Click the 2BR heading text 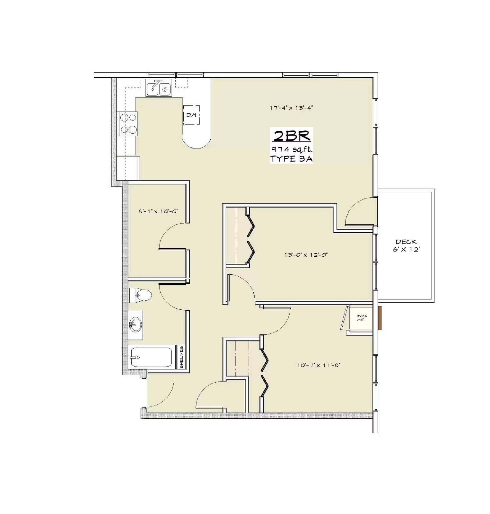click(x=292, y=136)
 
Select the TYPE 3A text click(x=292, y=159)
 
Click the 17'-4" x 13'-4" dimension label click(x=291, y=108)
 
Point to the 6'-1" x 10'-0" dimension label click(x=158, y=211)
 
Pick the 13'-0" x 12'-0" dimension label click(x=306, y=255)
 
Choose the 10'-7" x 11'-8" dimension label click(x=319, y=365)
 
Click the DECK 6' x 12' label click(x=406, y=245)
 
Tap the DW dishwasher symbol click(x=191, y=115)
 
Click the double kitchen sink click(x=159, y=88)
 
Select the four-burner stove click(x=128, y=124)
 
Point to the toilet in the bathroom click(x=140, y=295)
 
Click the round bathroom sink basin click(x=135, y=325)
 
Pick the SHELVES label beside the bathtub click(x=181, y=357)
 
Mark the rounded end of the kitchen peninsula click(x=197, y=141)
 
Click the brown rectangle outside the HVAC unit click(x=380, y=318)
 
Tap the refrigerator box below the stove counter click(x=128, y=168)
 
